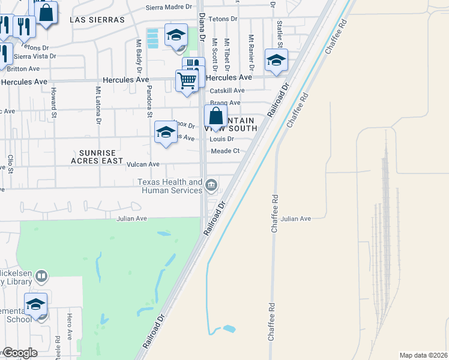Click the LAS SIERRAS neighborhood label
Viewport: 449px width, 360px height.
97,20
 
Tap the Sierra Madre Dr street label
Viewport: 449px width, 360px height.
169,8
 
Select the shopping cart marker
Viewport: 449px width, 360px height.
187,80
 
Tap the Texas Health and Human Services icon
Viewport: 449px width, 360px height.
211,185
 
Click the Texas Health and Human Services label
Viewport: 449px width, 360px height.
170,186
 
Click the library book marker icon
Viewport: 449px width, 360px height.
41,277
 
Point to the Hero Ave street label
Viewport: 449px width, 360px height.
70,325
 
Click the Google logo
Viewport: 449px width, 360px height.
19,353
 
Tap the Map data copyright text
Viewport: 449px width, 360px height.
423,355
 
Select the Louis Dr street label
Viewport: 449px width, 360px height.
221,139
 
